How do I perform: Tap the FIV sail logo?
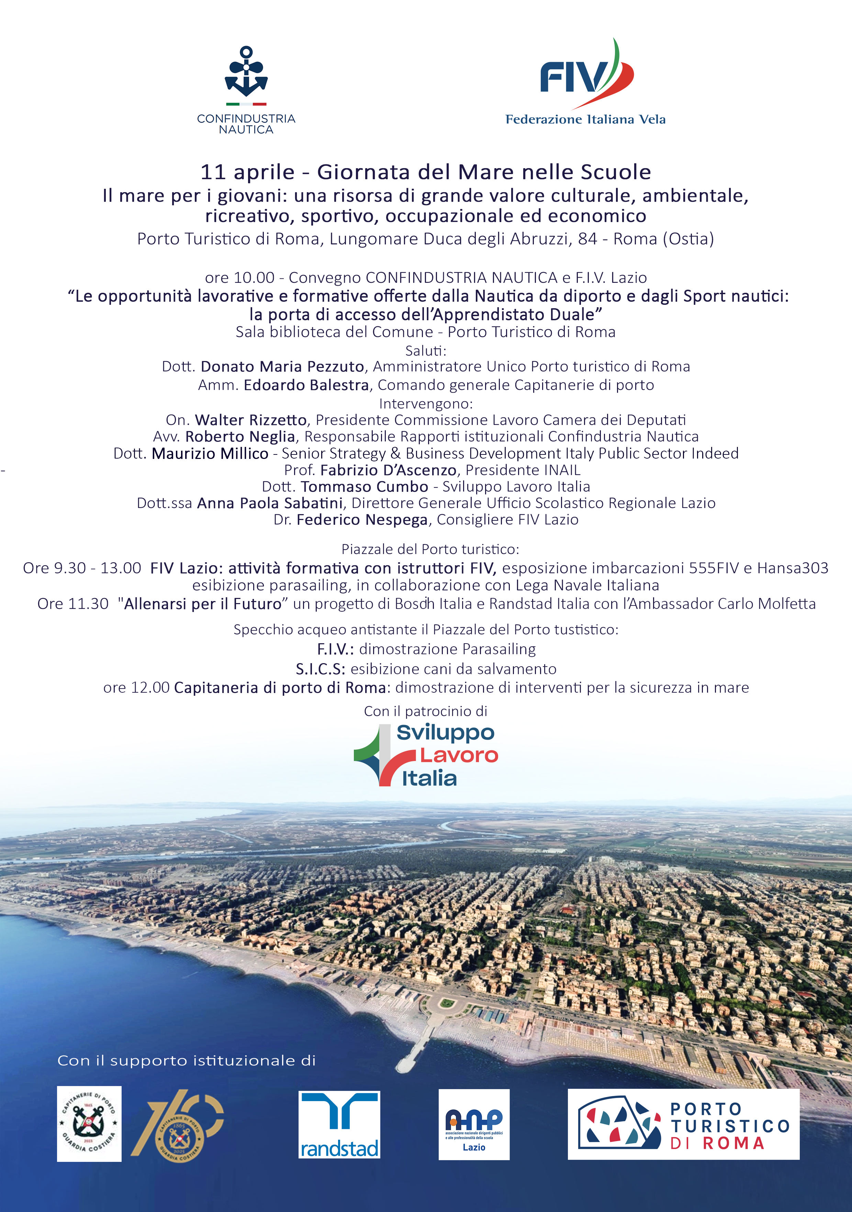pos(586,77)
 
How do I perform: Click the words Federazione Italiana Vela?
pos(585,119)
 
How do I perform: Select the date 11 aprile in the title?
pos(247,172)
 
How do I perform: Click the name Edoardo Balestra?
pos(306,385)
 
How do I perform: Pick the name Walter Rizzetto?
pos(250,420)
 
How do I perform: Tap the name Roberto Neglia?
pos(240,437)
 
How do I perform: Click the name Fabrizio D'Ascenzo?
pos(388,470)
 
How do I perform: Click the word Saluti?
pos(425,350)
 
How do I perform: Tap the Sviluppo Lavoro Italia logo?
pos(426,755)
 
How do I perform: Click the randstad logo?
pos(339,1124)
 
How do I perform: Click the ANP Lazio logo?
pos(474,1124)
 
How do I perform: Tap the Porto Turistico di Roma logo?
pos(683,1124)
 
